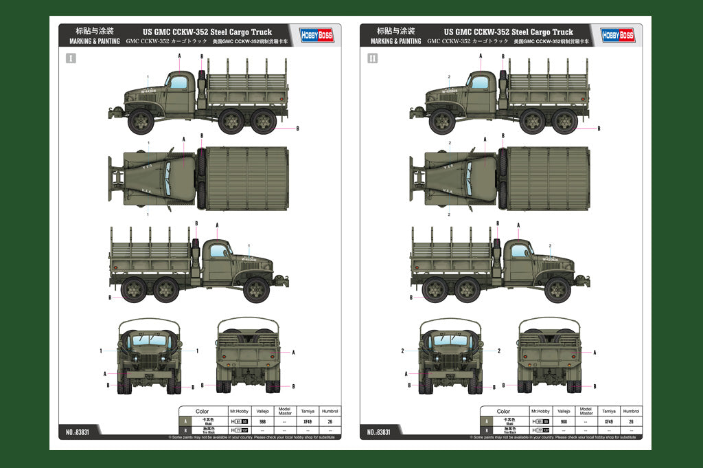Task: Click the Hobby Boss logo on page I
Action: pos(316,35)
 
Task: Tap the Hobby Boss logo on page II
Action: pos(618,35)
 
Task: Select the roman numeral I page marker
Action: pos(71,58)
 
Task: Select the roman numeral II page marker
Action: pos(372,58)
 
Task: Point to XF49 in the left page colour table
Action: pos(307,421)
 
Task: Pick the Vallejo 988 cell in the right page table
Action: pos(564,421)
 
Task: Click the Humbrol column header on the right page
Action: pos(631,411)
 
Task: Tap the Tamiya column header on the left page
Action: pos(307,411)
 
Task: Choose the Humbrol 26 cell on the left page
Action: pos(330,421)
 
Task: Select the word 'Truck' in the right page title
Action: pos(562,32)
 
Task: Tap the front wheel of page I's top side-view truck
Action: pos(141,122)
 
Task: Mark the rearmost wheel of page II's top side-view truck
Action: pos(564,122)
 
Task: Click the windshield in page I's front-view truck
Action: pos(149,340)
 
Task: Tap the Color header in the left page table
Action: pos(202,411)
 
